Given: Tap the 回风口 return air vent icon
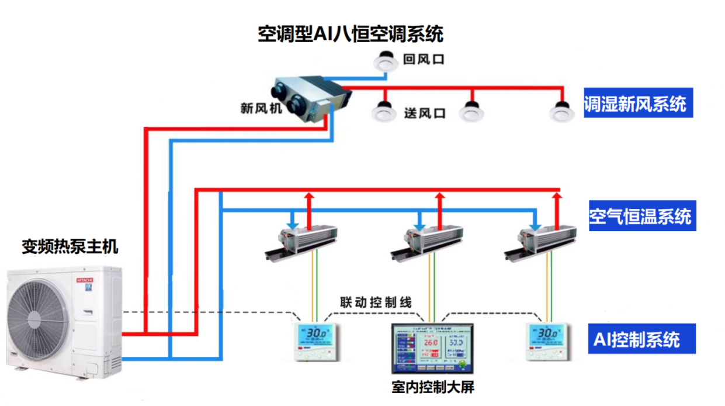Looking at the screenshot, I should click(385, 60).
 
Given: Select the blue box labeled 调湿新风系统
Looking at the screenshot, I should click(638, 104).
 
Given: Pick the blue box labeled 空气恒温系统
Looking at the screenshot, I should click(640, 216).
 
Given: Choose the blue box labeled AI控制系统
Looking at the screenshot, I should click(641, 339).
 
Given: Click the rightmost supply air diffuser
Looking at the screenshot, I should click(561, 111).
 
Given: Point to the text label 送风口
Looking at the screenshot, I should click(425, 112).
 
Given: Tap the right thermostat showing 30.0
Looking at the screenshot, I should click(548, 342).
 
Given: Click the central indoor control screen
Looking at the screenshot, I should click(432, 347).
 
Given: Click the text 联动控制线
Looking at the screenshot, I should click(376, 302).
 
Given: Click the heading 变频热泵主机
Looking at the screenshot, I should click(70, 247).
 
